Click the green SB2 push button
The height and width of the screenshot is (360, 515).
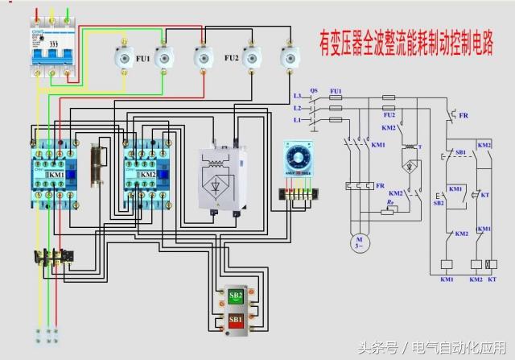tap(237, 295)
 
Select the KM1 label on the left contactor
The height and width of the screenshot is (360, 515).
tap(56, 174)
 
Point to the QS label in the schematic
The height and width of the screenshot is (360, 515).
tap(314, 90)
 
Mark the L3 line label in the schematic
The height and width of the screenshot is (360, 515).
tap(298, 95)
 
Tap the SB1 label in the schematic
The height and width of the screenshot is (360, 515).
tap(459, 151)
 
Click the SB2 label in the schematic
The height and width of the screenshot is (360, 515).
tap(439, 203)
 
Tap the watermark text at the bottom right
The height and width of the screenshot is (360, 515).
tap(438, 348)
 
